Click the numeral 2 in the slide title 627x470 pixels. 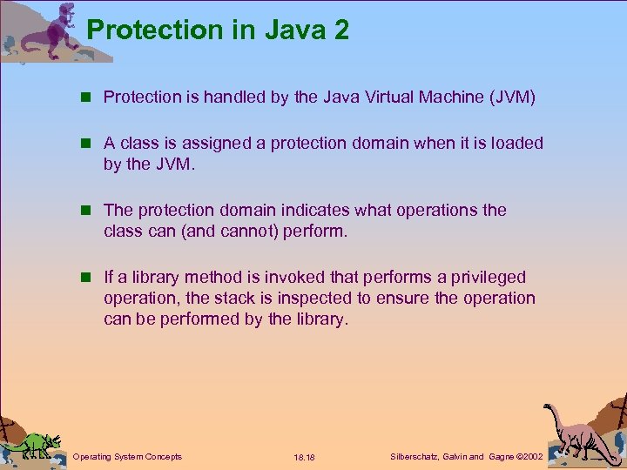pos(339,30)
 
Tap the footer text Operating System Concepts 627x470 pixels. pos(127,456)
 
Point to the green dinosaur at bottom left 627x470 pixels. pos(34,445)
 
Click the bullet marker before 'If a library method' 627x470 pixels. pos(88,278)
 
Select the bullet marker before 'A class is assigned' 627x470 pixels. pos(88,144)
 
